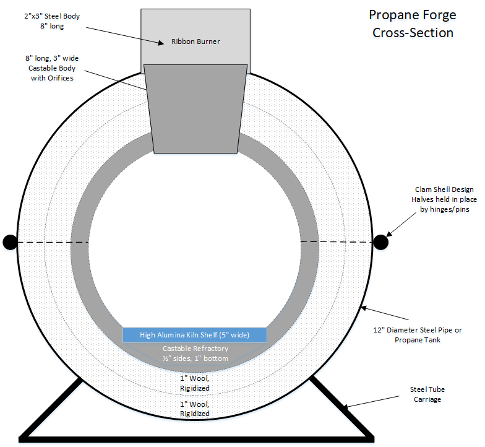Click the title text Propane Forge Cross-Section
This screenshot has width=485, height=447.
click(413, 24)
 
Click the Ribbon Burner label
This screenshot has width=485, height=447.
click(195, 41)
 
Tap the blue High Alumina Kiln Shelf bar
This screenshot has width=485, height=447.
click(194, 334)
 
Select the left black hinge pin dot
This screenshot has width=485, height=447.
click(10, 242)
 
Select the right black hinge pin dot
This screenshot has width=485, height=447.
click(381, 242)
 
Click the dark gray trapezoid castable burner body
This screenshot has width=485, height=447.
click(195, 109)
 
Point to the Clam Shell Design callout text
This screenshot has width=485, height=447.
click(444, 199)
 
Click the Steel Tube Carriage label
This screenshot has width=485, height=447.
click(427, 394)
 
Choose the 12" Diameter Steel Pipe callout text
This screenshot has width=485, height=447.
click(417, 334)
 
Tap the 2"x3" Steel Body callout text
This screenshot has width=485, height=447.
click(52, 21)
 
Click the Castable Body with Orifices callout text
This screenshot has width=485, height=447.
click(52, 68)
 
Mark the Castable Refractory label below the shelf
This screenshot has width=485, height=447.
click(195, 354)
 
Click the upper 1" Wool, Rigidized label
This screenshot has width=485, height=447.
click(195, 383)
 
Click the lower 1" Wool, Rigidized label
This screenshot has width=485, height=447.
click(195, 409)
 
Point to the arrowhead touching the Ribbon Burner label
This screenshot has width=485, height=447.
click(161, 43)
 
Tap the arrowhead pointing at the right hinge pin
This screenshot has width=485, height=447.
click(388, 234)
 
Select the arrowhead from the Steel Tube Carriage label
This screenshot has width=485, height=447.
click(347, 406)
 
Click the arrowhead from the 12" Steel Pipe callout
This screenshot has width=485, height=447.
click(364, 308)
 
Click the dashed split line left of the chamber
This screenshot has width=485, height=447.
click(53, 243)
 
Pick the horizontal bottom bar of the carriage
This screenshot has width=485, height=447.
click(197, 440)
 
